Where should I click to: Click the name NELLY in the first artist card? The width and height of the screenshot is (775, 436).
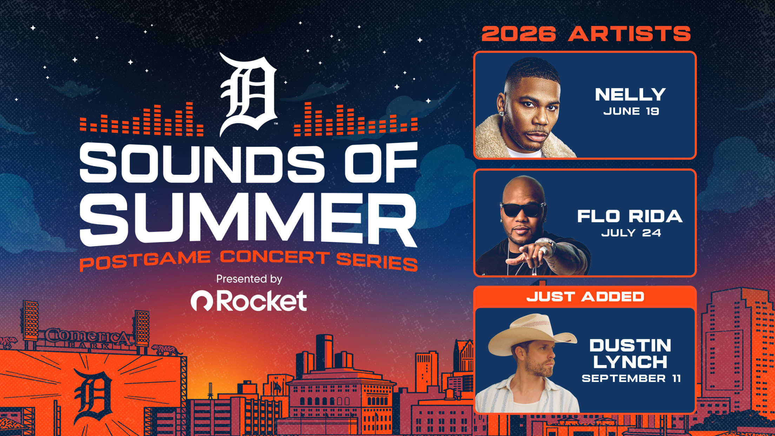pyautogui.click(x=630, y=94)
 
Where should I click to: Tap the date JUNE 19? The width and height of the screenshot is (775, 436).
pyautogui.click(x=631, y=111)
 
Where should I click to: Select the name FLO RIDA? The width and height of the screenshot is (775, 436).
pyautogui.click(x=630, y=216)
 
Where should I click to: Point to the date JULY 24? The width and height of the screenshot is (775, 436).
pyautogui.click(x=631, y=233)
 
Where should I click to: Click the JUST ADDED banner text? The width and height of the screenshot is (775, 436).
pyautogui.click(x=585, y=297)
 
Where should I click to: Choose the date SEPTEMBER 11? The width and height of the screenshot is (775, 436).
pyautogui.click(x=631, y=378)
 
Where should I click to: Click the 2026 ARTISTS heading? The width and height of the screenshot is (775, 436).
pyautogui.click(x=586, y=34)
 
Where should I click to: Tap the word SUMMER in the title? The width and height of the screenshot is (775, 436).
pyautogui.click(x=249, y=219)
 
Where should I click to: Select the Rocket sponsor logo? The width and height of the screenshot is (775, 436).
pyautogui.click(x=249, y=301)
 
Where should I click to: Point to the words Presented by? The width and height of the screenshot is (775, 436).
pyautogui.click(x=249, y=279)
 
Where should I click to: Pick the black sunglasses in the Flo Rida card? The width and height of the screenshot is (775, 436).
pyautogui.click(x=523, y=210)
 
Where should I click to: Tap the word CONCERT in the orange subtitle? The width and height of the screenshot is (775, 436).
pyautogui.click(x=275, y=257)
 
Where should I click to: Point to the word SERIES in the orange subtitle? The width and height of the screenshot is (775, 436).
pyautogui.click(x=377, y=261)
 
